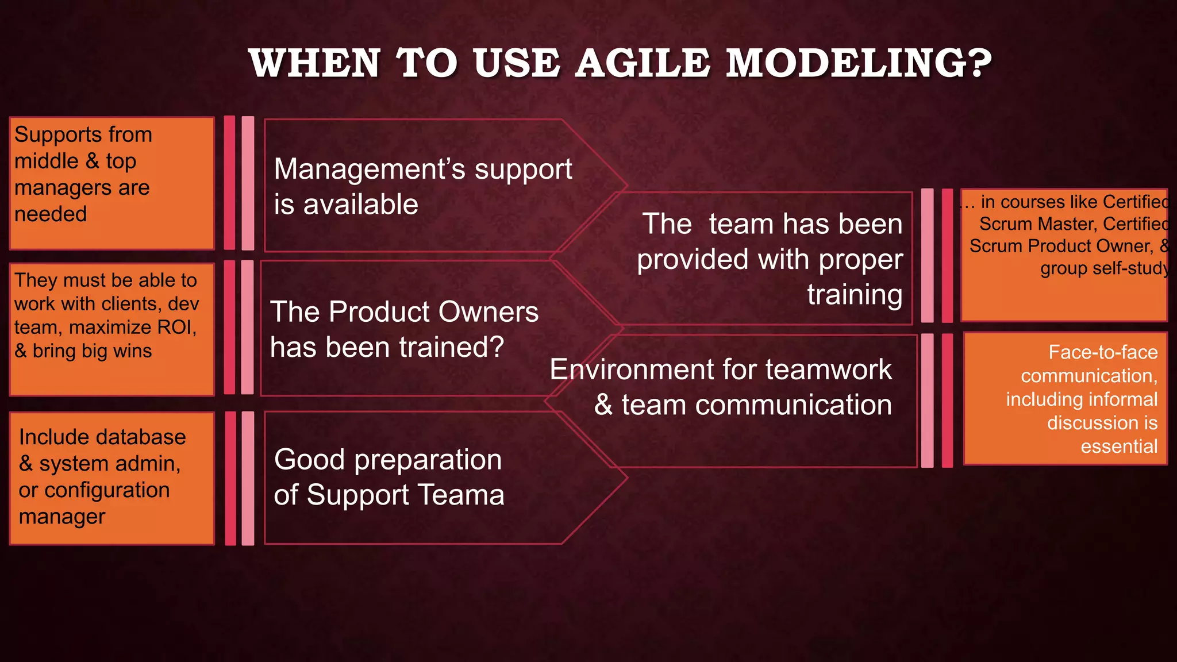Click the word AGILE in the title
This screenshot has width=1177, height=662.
point(643,63)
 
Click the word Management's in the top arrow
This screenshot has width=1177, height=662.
point(369,170)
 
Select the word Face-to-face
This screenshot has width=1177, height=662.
point(1103,352)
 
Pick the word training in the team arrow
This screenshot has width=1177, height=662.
point(854,295)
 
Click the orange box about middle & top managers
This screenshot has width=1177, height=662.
point(112,183)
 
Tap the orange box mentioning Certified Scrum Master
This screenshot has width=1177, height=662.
point(1063,255)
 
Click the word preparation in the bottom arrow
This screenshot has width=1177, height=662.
point(428,460)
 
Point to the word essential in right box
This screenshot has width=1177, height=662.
point(1118,447)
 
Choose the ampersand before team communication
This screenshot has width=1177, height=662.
point(603,405)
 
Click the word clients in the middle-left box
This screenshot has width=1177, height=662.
point(130,304)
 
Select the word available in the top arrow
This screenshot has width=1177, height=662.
point(360,205)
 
